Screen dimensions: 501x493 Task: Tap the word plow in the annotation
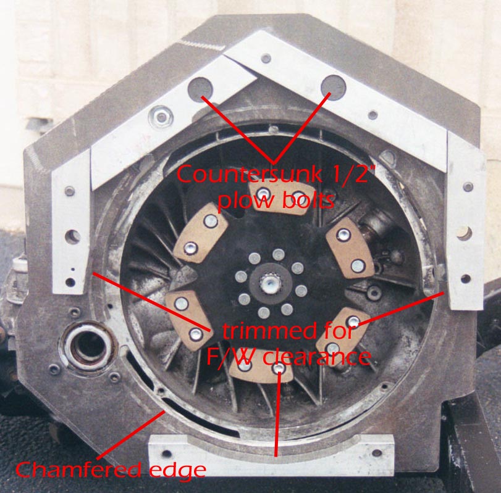click(x=242, y=201)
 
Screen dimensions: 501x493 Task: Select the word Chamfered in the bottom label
click(x=78, y=470)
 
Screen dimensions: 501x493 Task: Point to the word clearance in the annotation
click(x=316, y=357)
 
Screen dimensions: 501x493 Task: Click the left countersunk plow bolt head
click(x=200, y=89)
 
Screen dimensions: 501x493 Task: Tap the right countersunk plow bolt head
click(x=333, y=87)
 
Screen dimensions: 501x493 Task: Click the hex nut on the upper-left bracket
click(x=162, y=117)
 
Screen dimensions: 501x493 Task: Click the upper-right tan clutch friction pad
click(x=349, y=249)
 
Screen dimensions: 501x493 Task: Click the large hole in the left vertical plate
click(x=73, y=236)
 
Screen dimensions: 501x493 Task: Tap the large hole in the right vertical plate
click(x=463, y=233)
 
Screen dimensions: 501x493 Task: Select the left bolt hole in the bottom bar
click(x=166, y=454)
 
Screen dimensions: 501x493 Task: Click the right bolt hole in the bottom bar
click(x=377, y=452)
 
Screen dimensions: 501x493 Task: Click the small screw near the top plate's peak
click(x=266, y=59)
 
